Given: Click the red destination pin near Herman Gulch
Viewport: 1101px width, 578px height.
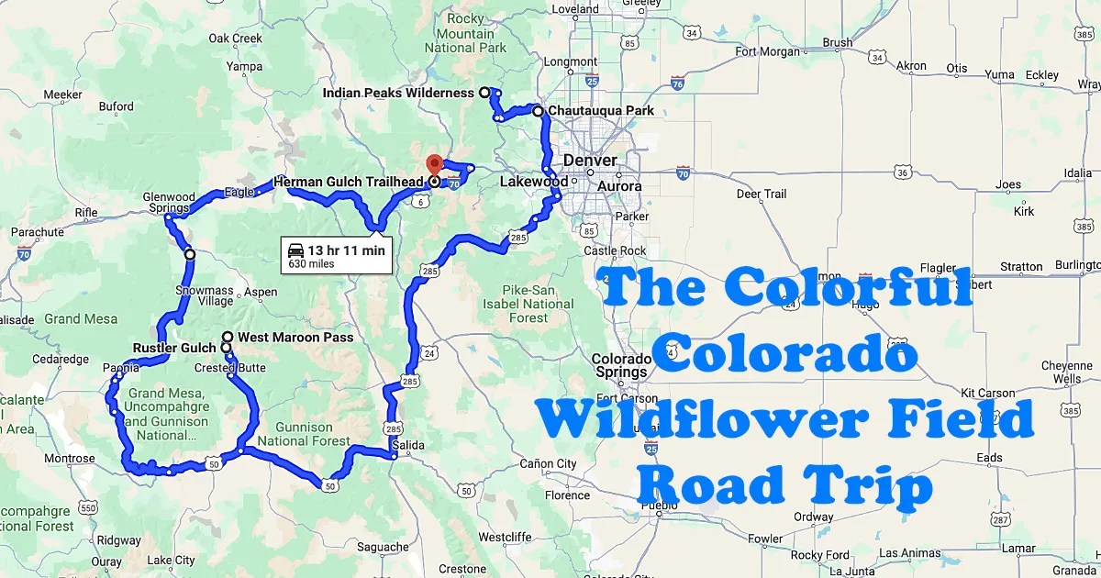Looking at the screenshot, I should [x=434, y=165].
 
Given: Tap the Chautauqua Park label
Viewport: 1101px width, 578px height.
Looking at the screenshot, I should [x=601, y=111].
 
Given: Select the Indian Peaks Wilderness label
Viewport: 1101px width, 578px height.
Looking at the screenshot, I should [x=398, y=93].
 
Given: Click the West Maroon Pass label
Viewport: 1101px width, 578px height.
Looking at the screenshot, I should [x=295, y=338].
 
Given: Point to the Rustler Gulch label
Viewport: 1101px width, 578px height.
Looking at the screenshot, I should [x=174, y=349].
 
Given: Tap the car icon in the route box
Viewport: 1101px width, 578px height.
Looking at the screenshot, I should [x=295, y=250].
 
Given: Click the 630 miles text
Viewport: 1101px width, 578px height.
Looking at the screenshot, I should [x=310, y=264].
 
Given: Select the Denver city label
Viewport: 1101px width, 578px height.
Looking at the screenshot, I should [x=590, y=161].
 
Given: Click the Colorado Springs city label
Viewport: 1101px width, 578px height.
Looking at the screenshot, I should [x=620, y=366].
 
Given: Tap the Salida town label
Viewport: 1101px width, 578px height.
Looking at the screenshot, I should [x=408, y=446].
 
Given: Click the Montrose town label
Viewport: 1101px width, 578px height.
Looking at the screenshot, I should [x=70, y=459].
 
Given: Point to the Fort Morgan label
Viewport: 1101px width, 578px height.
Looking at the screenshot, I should [x=767, y=51].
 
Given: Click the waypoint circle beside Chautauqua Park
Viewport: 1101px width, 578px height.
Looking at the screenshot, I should [x=539, y=111].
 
